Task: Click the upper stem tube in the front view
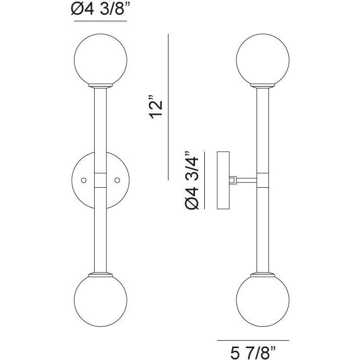point(100,124)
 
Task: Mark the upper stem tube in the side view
point(262,129)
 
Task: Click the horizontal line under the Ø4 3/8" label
point(99,24)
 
